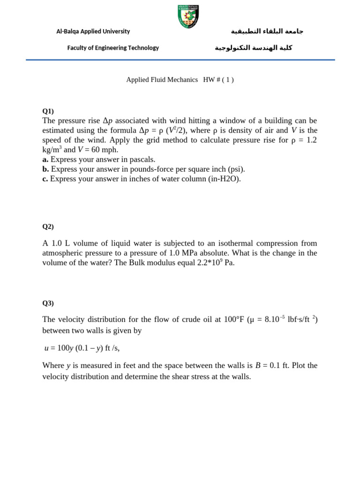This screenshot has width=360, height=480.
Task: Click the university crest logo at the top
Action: [188, 16]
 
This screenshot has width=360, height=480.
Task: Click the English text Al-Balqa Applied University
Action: [93, 31]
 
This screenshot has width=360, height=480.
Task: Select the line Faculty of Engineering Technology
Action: [113, 48]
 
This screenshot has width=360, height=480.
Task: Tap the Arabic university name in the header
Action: [267, 31]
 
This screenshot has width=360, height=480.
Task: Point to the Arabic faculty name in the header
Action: [254, 48]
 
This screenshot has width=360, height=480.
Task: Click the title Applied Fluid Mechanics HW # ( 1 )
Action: [180, 80]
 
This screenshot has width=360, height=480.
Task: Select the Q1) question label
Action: [48, 111]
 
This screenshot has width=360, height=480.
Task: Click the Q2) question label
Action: [48, 226]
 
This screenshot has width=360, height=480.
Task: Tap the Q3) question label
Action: [48, 303]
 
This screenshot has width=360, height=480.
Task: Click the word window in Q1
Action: [227, 121]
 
